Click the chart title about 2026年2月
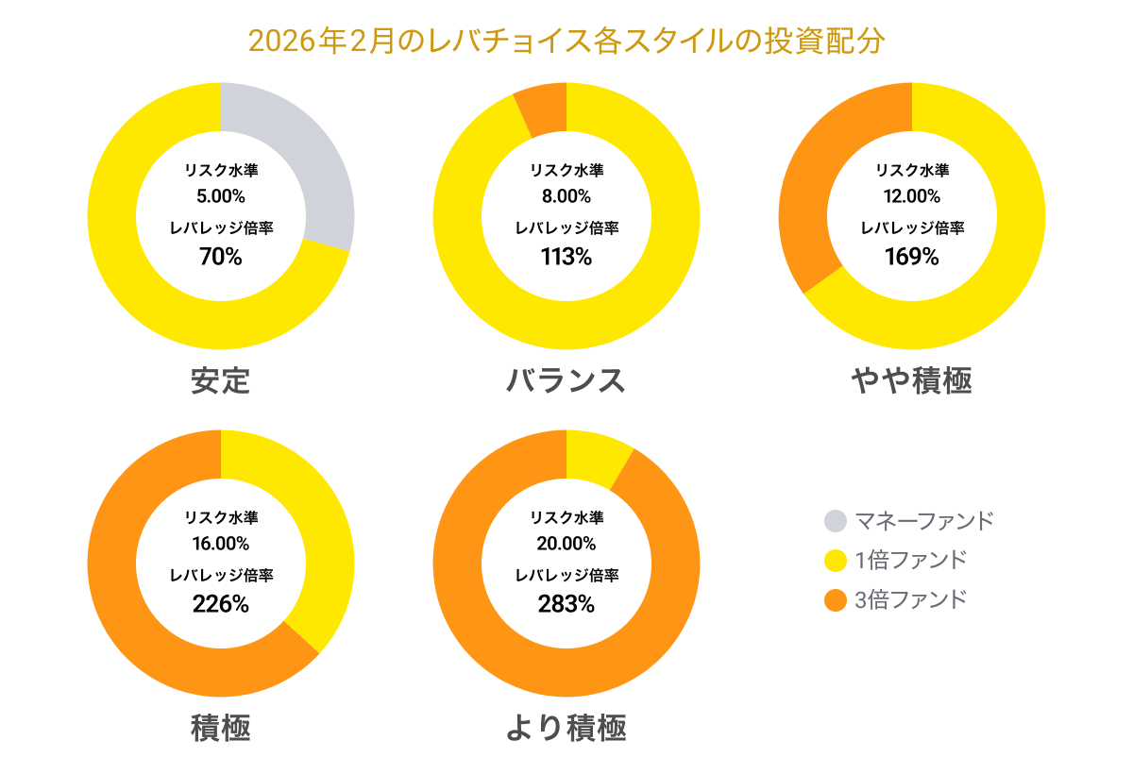click(566, 42)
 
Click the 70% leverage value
click(221, 256)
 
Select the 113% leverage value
click(566, 256)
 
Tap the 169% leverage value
click(912, 256)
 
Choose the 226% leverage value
click(221, 604)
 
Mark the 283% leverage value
click(566, 604)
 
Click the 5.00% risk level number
click(221, 197)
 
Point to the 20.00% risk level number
click(566, 545)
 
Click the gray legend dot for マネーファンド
click(836, 520)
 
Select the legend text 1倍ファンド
click(910, 560)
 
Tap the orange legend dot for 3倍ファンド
click(836, 599)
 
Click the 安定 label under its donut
click(220, 380)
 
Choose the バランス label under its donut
click(566, 380)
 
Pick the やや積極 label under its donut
click(911, 380)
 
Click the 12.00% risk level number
click(912, 197)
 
